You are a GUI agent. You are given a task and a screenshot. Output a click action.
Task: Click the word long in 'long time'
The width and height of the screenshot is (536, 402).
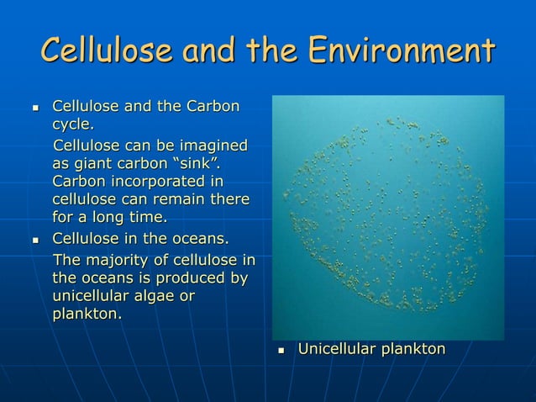(108, 218)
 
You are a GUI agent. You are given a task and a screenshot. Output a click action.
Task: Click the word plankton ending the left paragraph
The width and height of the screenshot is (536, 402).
(84, 315)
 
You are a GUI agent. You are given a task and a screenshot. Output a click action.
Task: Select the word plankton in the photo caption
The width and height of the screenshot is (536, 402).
(411, 348)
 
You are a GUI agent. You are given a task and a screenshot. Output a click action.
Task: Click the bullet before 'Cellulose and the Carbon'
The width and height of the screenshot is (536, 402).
(35, 108)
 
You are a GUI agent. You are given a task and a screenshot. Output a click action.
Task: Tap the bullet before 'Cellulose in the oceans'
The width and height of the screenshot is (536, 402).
(35, 240)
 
